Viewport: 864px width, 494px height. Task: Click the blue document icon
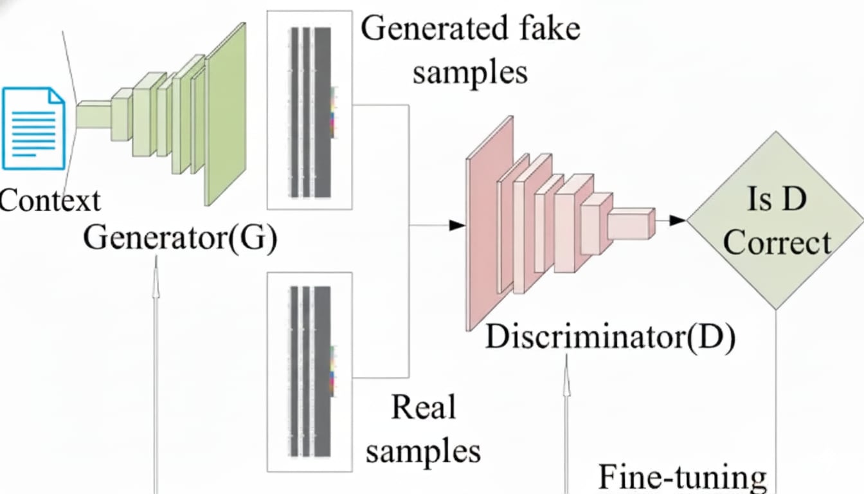pos(33,129)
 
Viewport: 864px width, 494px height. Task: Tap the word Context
pos(50,201)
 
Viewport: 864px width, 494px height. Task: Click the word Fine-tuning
pos(683,477)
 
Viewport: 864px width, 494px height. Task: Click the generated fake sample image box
pos(310,109)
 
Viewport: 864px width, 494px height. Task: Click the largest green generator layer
pos(226,114)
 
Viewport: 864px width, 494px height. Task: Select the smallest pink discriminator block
pos(630,224)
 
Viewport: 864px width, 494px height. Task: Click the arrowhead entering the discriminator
pos(457,225)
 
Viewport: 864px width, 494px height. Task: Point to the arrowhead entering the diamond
pos(678,221)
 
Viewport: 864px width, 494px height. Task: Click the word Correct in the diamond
pos(777,243)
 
